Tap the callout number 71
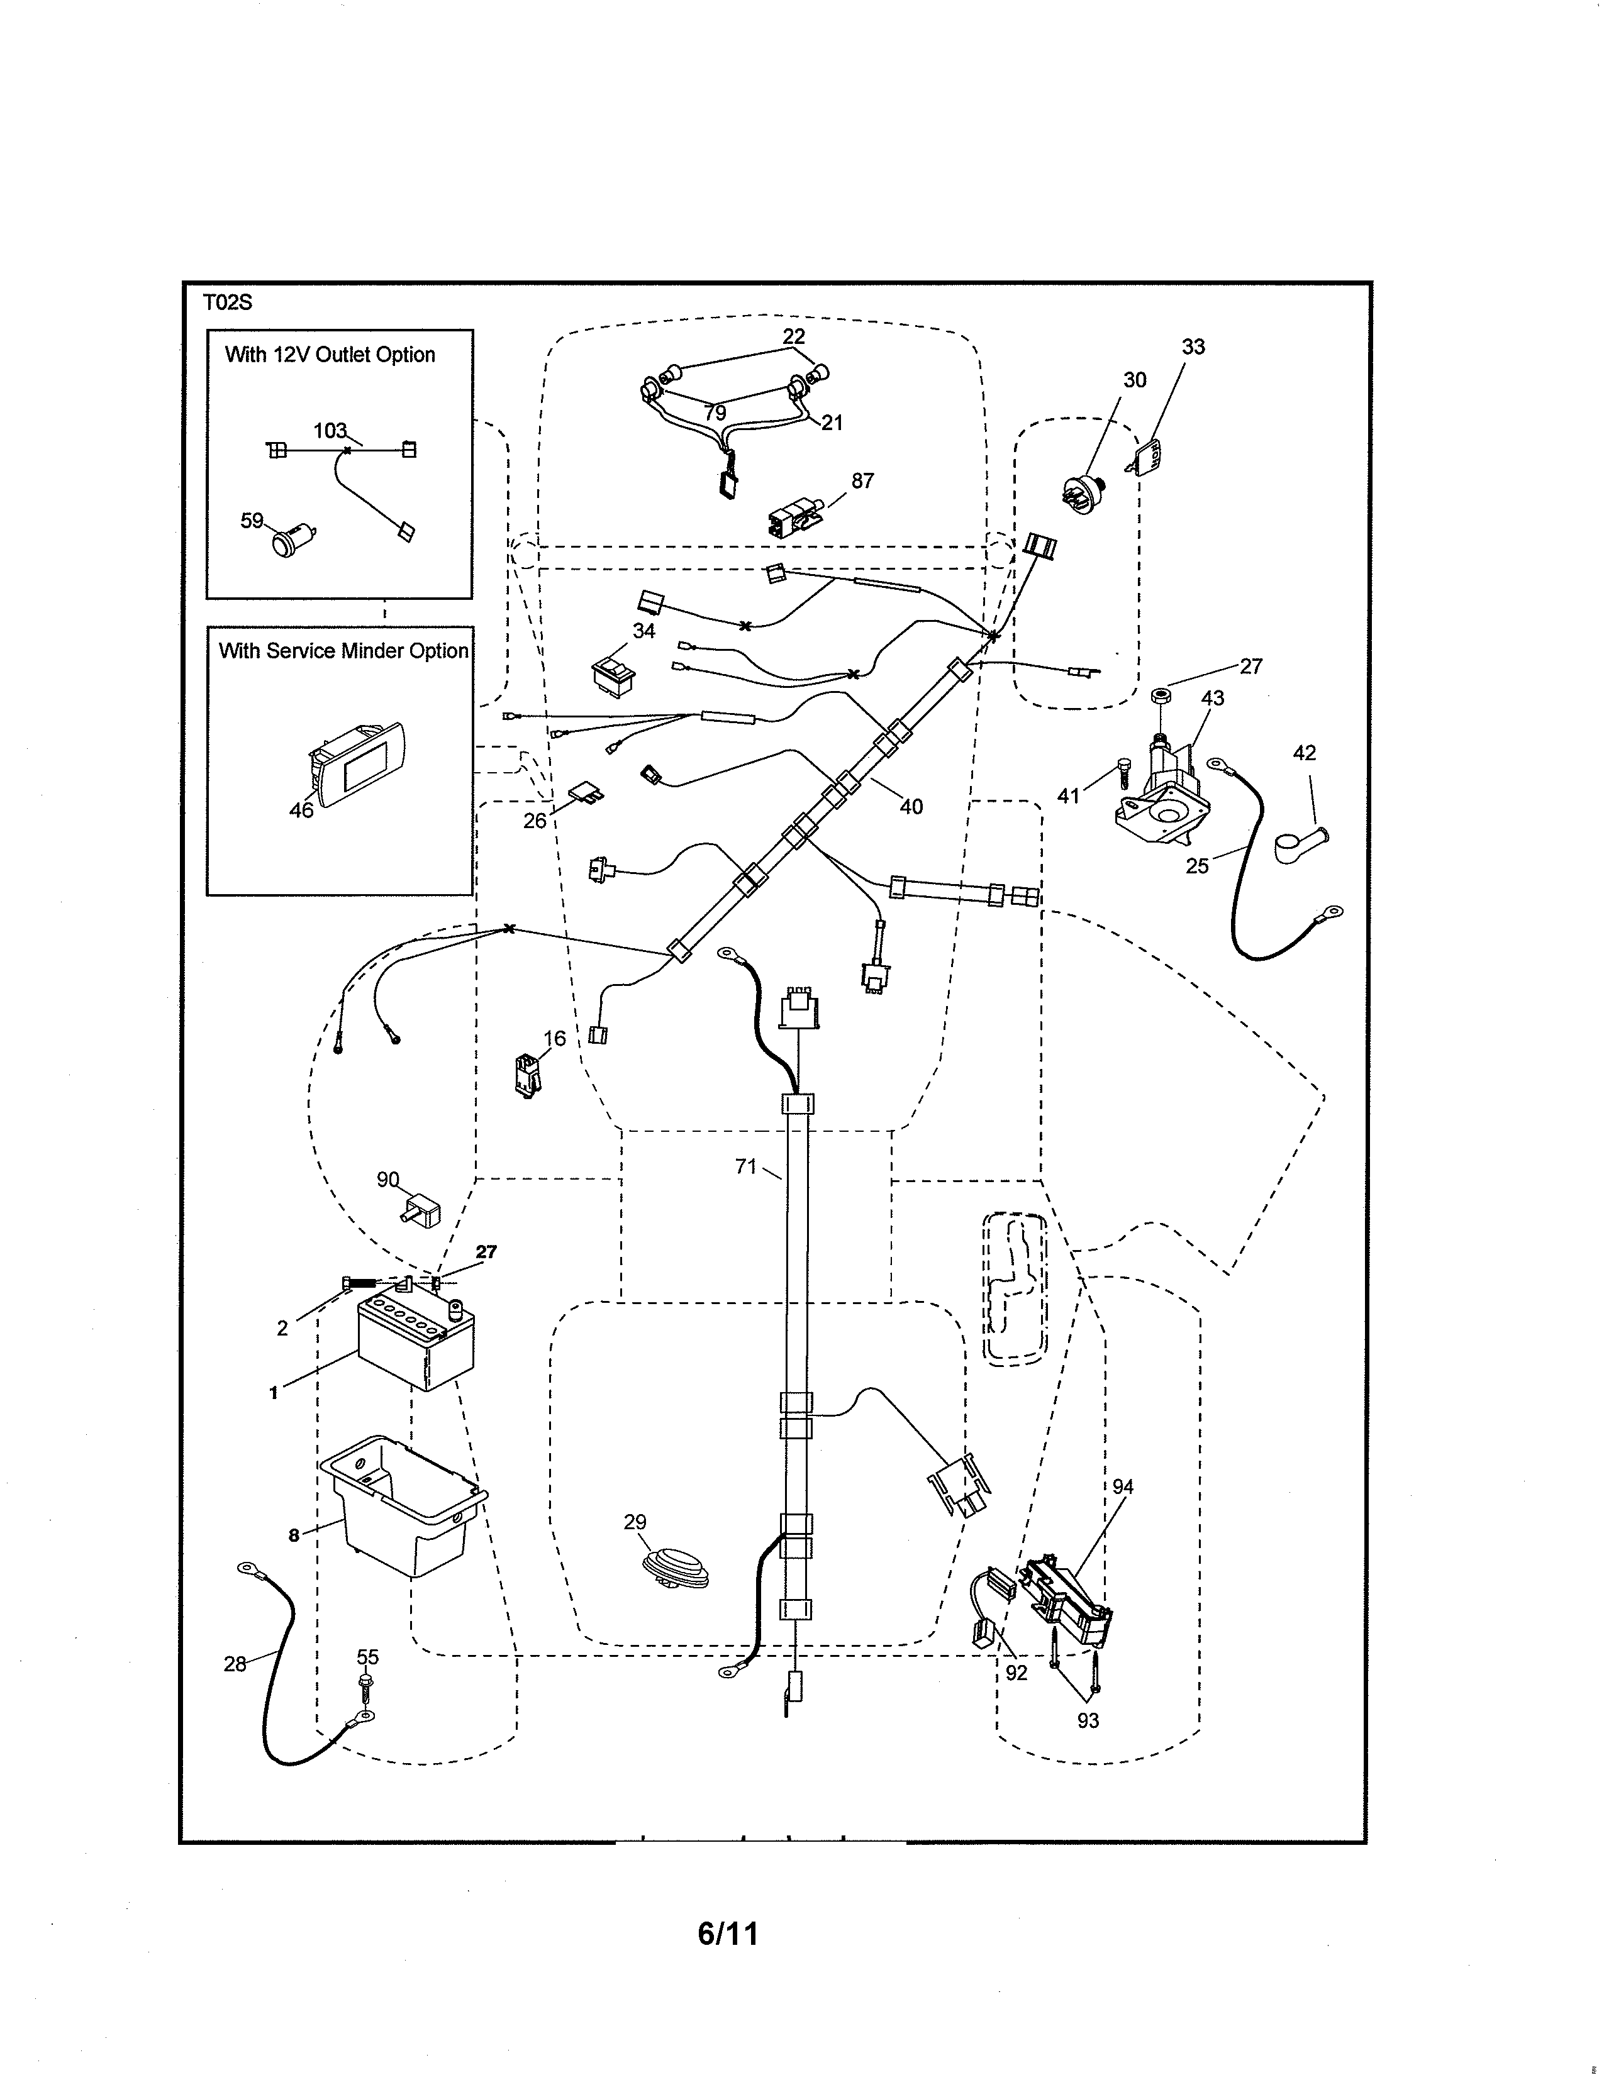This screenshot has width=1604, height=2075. [746, 1166]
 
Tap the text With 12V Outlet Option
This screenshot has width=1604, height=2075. [330, 355]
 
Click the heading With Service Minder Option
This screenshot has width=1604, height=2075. [343, 651]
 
